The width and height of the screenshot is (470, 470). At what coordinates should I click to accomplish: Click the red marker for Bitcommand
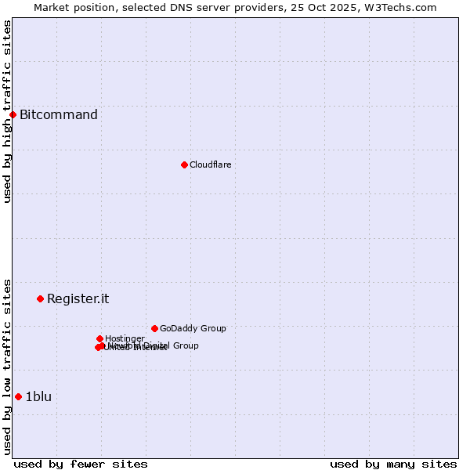(13, 115)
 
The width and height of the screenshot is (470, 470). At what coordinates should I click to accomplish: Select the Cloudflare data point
(184, 164)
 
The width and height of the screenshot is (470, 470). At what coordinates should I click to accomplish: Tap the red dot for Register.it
(40, 298)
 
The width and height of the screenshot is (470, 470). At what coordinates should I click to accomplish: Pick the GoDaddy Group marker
(154, 328)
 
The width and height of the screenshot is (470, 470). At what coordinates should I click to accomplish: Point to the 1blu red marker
(18, 396)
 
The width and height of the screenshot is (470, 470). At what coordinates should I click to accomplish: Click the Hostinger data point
(99, 338)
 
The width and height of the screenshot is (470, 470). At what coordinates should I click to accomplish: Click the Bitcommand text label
(59, 115)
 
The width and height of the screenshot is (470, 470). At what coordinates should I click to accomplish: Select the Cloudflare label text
(210, 164)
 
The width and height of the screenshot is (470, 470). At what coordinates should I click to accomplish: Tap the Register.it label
(78, 298)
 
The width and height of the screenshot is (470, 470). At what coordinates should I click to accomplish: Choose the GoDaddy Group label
(193, 328)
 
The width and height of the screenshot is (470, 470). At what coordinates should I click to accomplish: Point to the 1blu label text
(38, 396)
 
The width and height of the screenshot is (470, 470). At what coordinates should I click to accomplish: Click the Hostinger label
(125, 338)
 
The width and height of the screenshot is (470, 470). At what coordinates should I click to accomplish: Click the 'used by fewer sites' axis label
(81, 464)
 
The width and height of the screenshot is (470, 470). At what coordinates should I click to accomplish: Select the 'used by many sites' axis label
(393, 464)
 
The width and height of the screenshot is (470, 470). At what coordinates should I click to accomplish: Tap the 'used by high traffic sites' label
(7, 112)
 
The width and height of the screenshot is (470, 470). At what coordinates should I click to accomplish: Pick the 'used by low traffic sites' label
(7, 366)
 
